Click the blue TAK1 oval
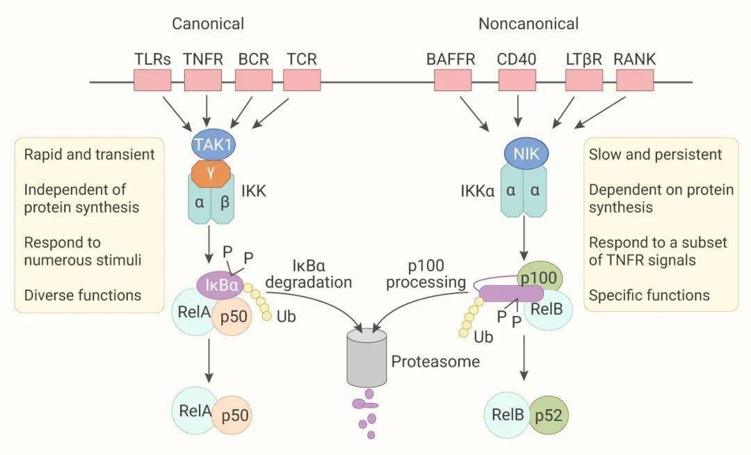click(213, 145)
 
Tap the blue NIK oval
click(526, 154)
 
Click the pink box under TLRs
click(152, 80)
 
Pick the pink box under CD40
click(517, 80)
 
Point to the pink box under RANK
click(634, 80)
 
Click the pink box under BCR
click(253, 80)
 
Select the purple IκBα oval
click(220, 285)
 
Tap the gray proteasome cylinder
click(366, 359)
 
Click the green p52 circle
click(548, 416)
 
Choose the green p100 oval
click(539, 278)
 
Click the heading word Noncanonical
click(528, 24)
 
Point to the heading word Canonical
click(208, 24)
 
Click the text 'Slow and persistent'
click(655, 154)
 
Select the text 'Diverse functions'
click(82, 295)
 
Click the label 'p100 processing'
click(426, 274)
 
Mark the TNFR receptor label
click(203, 59)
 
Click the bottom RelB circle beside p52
click(507, 416)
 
